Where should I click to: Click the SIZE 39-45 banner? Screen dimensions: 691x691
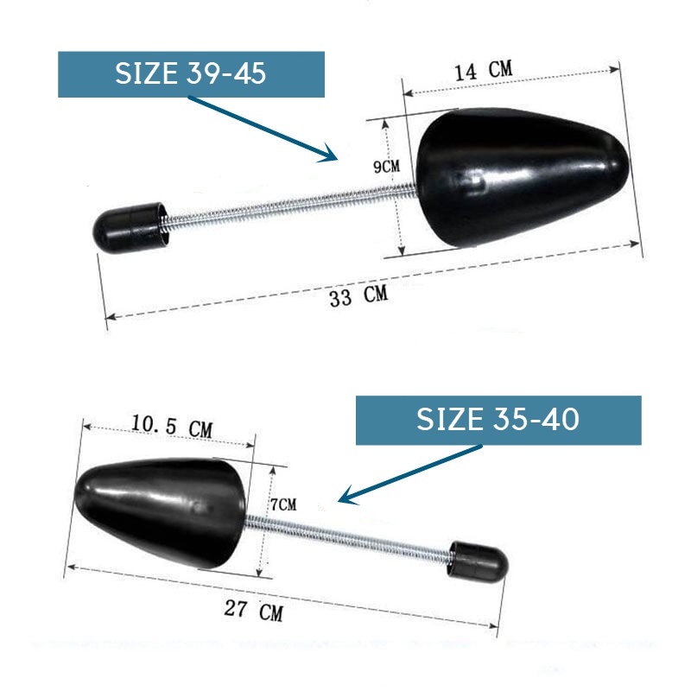pos(191,74)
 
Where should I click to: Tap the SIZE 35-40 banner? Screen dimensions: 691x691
pos(498,420)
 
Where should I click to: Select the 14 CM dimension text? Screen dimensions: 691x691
pos(484,71)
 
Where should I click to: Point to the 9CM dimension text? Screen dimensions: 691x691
pos(386,166)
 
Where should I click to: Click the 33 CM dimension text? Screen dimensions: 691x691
pos(358,295)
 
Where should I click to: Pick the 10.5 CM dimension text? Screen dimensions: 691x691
pos(172,426)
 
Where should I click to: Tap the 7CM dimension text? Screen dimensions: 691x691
pos(283,504)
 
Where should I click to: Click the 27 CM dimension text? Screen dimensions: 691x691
pos(254,610)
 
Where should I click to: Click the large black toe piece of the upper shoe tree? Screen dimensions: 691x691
pos(523,176)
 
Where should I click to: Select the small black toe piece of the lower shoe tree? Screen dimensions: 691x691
pos(160,512)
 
